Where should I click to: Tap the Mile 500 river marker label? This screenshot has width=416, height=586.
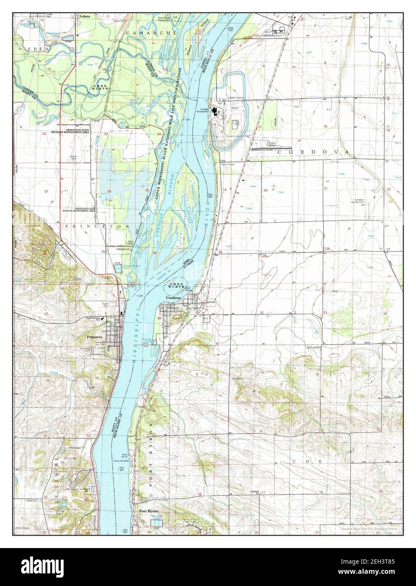pos(123,470)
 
